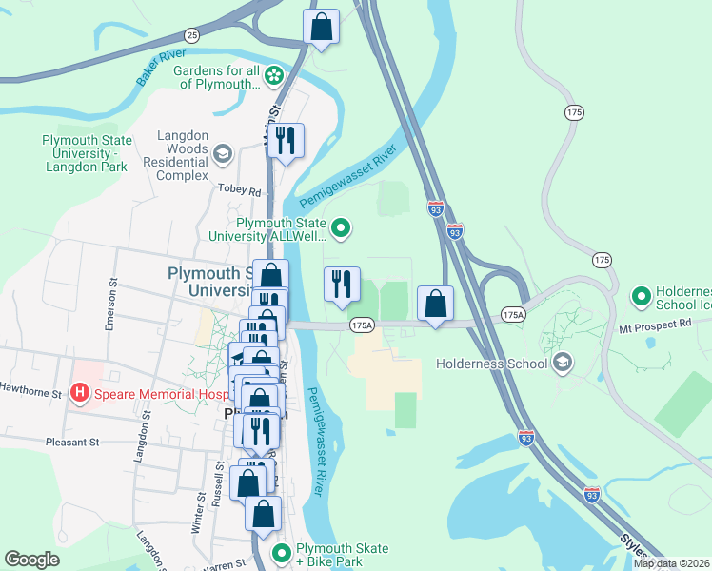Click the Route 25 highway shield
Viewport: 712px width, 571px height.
tap(192, 35)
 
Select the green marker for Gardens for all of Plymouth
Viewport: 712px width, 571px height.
tap(274, 74)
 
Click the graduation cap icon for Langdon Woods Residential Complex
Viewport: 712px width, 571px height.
tap(223, 153)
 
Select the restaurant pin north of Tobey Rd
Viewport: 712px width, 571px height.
tap(286, 141)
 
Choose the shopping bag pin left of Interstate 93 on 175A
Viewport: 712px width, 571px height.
tap(435, 305)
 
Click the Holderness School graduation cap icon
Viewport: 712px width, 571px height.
tap(563, 363)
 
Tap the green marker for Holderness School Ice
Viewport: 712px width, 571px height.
tap(641, 298)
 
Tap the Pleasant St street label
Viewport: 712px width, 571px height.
tap(72, 443)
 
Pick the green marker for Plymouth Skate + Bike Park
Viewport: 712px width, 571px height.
tap(281, 553)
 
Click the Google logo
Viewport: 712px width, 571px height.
tap(32, 560)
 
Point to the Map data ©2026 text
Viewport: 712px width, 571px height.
tap(671, 563)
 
